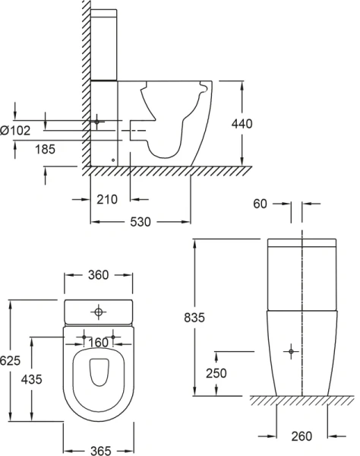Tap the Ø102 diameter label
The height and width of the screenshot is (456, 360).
[x=16, y=131]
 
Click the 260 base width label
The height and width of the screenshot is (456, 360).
[x=302, y=435]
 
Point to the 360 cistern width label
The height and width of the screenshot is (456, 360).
[x=99, y=275]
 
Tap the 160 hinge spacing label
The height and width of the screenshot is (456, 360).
[x=97, y=343]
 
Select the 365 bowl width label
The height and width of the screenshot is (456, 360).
[x=99, y=451]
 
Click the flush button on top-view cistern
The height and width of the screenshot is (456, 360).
[x=99, y=312]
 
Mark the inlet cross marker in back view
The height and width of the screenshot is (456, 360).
[x=290, y=351]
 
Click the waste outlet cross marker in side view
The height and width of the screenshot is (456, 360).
[x=96, y=122]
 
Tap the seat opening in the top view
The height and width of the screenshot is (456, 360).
[x=99, y=372]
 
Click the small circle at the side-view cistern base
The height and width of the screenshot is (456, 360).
[x=113, y=160]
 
